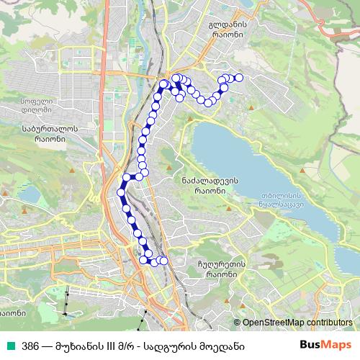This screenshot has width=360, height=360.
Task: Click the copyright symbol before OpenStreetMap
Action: click(x=237, y=323)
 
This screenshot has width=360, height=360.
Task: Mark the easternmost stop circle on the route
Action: click(x=239, y=78)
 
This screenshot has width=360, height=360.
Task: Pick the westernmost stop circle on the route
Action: click(x=120, y=192)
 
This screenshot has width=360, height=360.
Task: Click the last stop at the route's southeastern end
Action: click(x=164, y=261)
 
